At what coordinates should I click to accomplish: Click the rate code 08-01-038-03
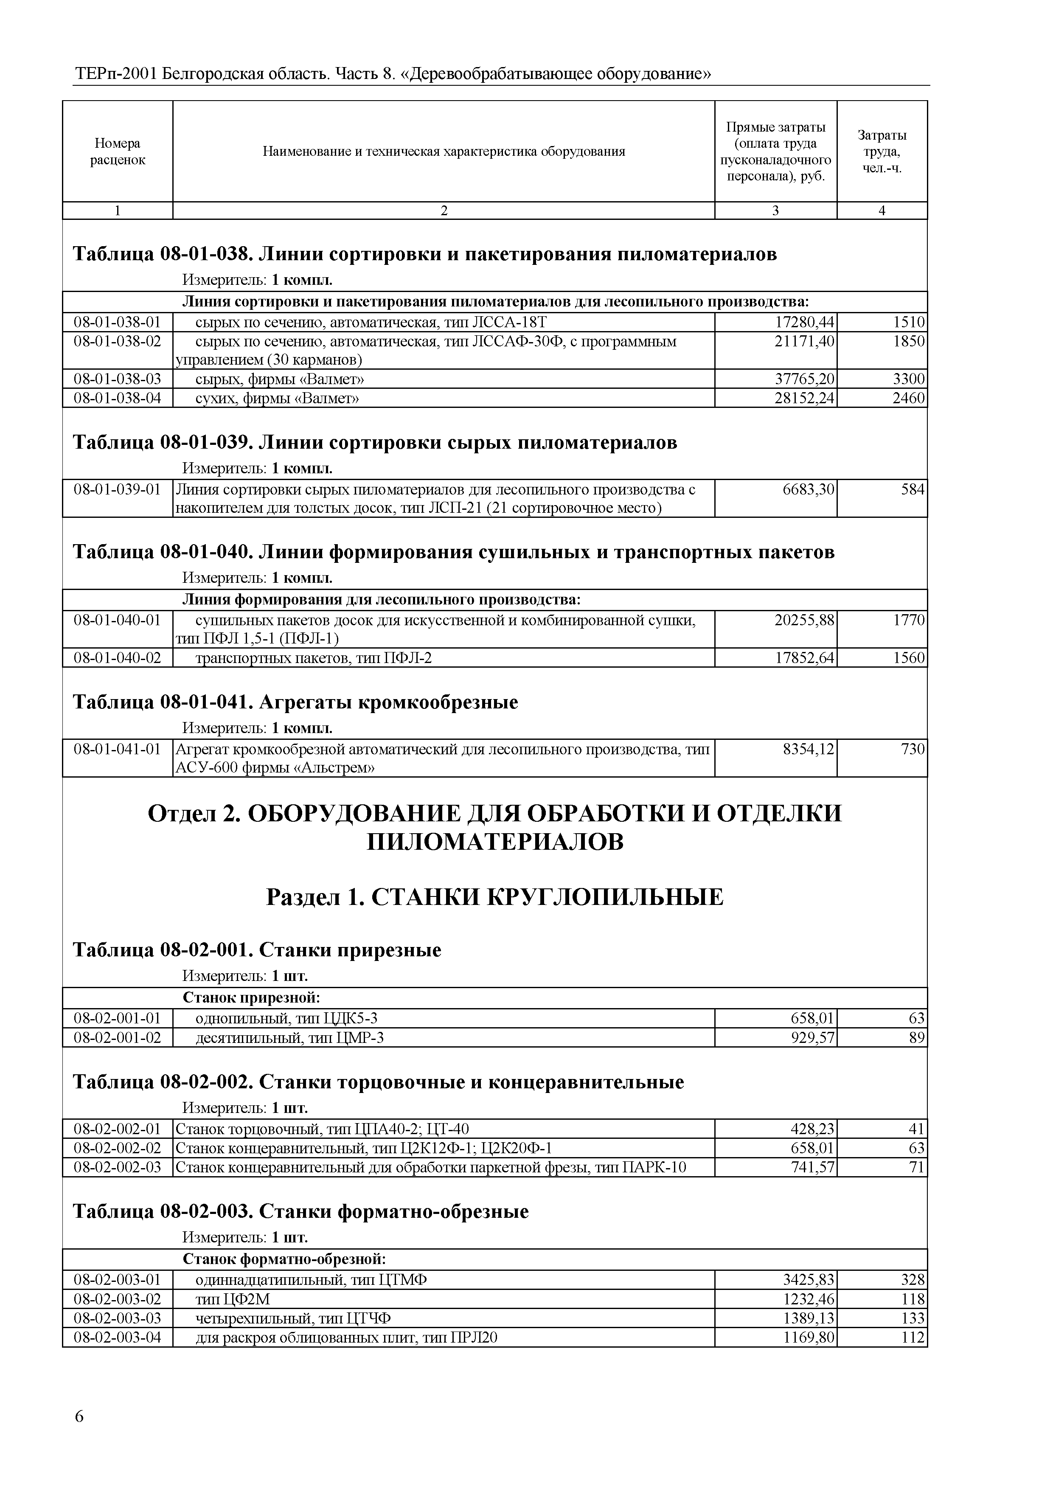click(118, 379)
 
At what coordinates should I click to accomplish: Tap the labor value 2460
click(908, 398)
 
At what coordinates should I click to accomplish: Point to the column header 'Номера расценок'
click(118, 151)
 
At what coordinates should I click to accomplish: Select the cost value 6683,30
click(808, 490)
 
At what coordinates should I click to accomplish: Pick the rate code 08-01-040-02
click(118, 658)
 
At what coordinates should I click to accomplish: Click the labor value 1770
click(908, 621)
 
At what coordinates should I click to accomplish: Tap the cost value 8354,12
click(808, 750)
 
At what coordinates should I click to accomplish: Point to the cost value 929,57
click(812, 1038)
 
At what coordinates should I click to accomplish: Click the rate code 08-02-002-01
click(118, 1129)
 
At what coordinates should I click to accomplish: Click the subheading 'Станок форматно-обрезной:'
click(284, 1259)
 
